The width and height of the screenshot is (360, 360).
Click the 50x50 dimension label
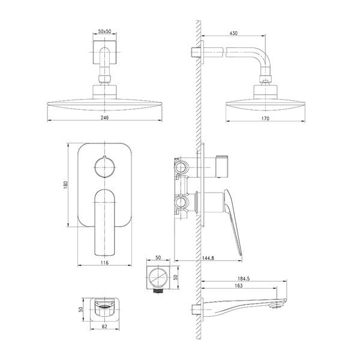[x=104, y=31]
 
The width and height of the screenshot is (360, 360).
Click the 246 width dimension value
[x=104, y=118]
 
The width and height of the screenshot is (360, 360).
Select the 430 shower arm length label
[x=233, y=33]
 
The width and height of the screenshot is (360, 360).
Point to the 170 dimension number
[x=265, y=118]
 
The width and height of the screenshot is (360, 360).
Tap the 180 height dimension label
[x=65, y=185]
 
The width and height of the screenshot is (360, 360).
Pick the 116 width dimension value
[x=104, y=263]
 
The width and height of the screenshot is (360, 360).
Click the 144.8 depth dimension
[x=208, y=258]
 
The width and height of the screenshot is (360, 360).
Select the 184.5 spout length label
[x=244, y=279]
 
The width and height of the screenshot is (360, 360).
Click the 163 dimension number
[x=239, y=286]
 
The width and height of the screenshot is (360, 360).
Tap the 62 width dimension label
[x=104, y=326]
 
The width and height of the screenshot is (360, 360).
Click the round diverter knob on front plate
[x=104, y=167]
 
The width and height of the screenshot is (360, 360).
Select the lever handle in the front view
[x=104, y=222]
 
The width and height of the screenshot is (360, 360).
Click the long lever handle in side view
[x=233, y=220]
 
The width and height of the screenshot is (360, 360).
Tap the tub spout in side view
[x=244, y=307]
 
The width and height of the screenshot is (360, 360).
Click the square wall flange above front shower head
[x=104, y=52]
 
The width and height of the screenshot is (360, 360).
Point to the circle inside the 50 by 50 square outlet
[x=158, y=277]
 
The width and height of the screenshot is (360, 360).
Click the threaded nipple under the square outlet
[x=158, y=290]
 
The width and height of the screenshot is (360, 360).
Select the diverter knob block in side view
[x=222, y=167]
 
